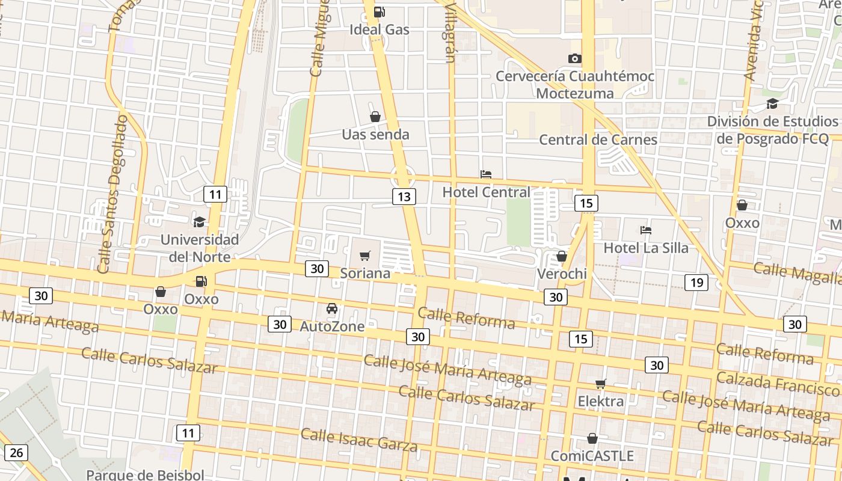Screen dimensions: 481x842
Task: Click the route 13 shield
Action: click(404, 196)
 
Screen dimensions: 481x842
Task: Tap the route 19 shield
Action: click(696, 282)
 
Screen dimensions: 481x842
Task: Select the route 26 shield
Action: click(16, 453)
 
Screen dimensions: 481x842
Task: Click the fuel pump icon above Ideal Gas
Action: click(379, 12)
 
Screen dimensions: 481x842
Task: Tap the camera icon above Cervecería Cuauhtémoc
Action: click(575, 58)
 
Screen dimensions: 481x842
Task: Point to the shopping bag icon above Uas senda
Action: click(375, 117)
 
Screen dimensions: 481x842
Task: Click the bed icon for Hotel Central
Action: click(486, 174)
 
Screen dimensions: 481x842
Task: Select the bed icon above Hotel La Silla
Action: click(646, 230)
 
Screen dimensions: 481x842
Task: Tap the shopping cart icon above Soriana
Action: click(364, 256)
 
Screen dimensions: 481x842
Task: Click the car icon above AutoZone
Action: click(331, 309)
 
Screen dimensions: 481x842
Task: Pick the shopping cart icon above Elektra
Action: click(600, 384)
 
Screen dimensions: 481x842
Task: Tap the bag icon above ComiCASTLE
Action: click(592, 438)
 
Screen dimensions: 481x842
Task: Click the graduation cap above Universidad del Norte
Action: click(199, 222)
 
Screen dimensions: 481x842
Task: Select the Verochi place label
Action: click(561, 274)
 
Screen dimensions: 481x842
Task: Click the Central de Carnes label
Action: click(598, 140)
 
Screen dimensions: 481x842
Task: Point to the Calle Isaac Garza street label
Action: click(359, 440)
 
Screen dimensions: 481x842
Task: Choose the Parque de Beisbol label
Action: click(145, 474)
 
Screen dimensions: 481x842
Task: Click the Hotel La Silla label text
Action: click(646, 248)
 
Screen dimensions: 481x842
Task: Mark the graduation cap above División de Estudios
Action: click(772, 104)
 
